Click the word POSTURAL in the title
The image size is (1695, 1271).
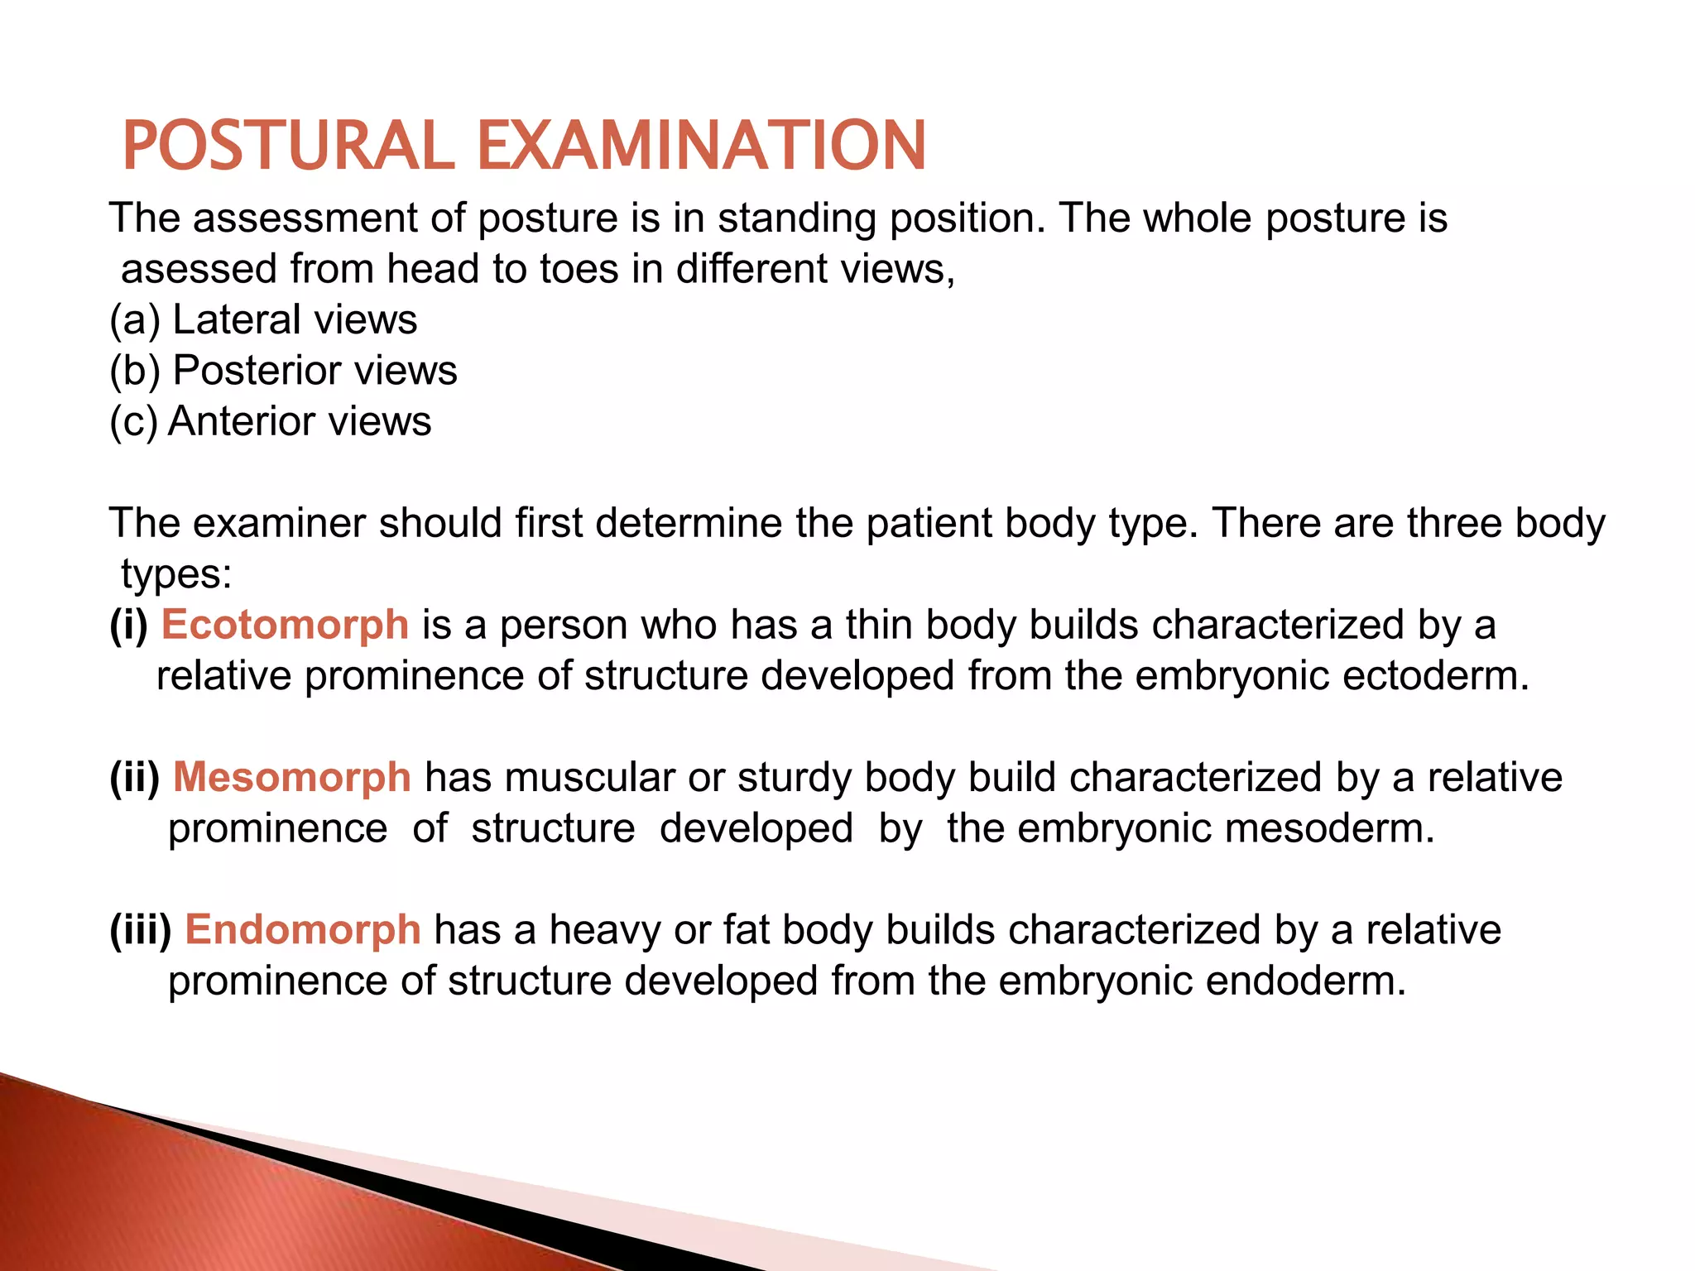point(288,146)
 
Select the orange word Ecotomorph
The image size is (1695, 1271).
point(285,625)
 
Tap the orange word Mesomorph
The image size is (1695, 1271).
point(291,778)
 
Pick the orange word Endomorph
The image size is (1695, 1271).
point(303,930)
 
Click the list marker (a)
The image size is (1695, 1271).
point(135,320)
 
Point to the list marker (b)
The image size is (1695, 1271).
point(135,371)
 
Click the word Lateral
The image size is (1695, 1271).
point(237,320)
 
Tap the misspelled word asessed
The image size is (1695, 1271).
point(199,270)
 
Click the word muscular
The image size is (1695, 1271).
point(589,778)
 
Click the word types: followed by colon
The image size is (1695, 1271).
point(176,575)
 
